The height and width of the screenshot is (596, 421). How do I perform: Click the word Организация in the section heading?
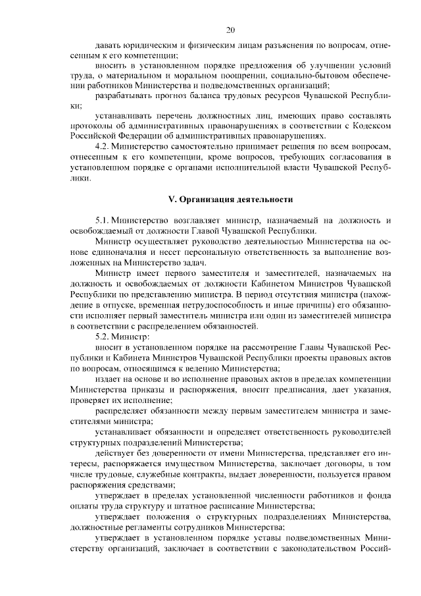[209, 198]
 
